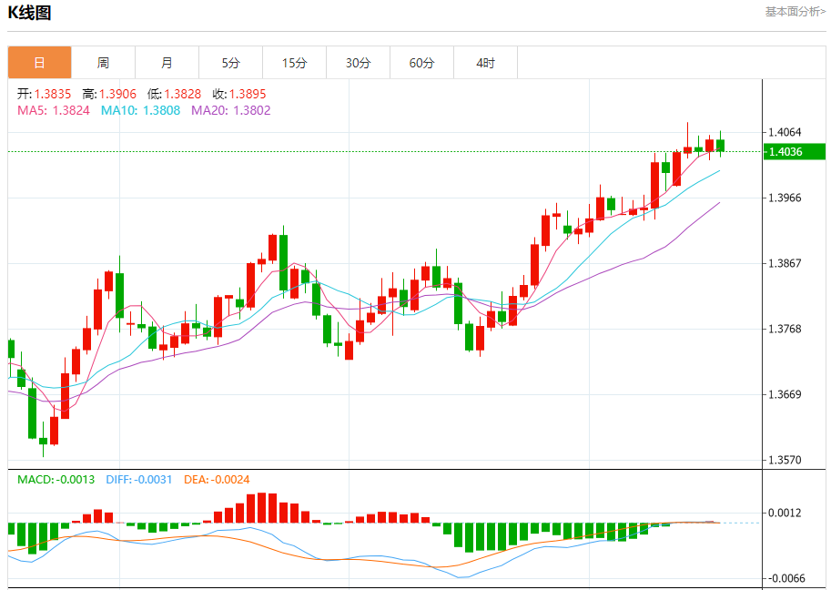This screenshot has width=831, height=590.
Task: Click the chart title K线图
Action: point(30,13)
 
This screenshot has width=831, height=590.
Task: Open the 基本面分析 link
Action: point(795,12)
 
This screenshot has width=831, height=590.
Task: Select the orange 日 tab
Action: point(39,63)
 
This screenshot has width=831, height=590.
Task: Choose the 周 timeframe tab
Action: point(103,63)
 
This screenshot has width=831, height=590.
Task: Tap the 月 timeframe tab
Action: point(167,63)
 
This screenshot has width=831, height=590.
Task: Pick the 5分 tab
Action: point(230,63)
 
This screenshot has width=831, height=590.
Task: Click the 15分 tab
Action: point(294,63)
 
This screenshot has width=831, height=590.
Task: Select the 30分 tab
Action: point(358,63)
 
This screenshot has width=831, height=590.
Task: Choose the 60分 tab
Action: point(421,63)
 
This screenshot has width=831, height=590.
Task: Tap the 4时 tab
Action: point(485,63)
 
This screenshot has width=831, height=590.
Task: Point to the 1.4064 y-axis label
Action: point(785,132)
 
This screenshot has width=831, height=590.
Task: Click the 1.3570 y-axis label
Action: point(785,460)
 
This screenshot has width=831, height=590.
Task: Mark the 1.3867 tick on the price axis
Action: point(785,263)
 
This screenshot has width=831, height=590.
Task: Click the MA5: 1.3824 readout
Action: point(54,110)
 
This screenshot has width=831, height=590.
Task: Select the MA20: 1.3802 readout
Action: point(231,110)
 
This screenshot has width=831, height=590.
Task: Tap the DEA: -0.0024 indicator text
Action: point(217,479)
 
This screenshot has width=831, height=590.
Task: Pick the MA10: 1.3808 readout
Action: point(140,110)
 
